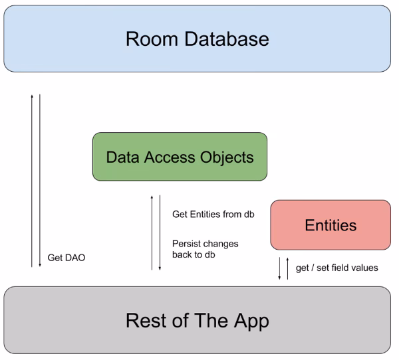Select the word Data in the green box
(120, 157)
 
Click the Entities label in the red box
(331, 225)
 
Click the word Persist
(186, 243)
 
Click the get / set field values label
(337, 268)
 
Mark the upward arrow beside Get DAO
(31, 179)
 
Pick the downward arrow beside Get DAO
(40, 179)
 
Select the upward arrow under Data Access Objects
(152, 232)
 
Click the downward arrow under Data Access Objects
(160, 232)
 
